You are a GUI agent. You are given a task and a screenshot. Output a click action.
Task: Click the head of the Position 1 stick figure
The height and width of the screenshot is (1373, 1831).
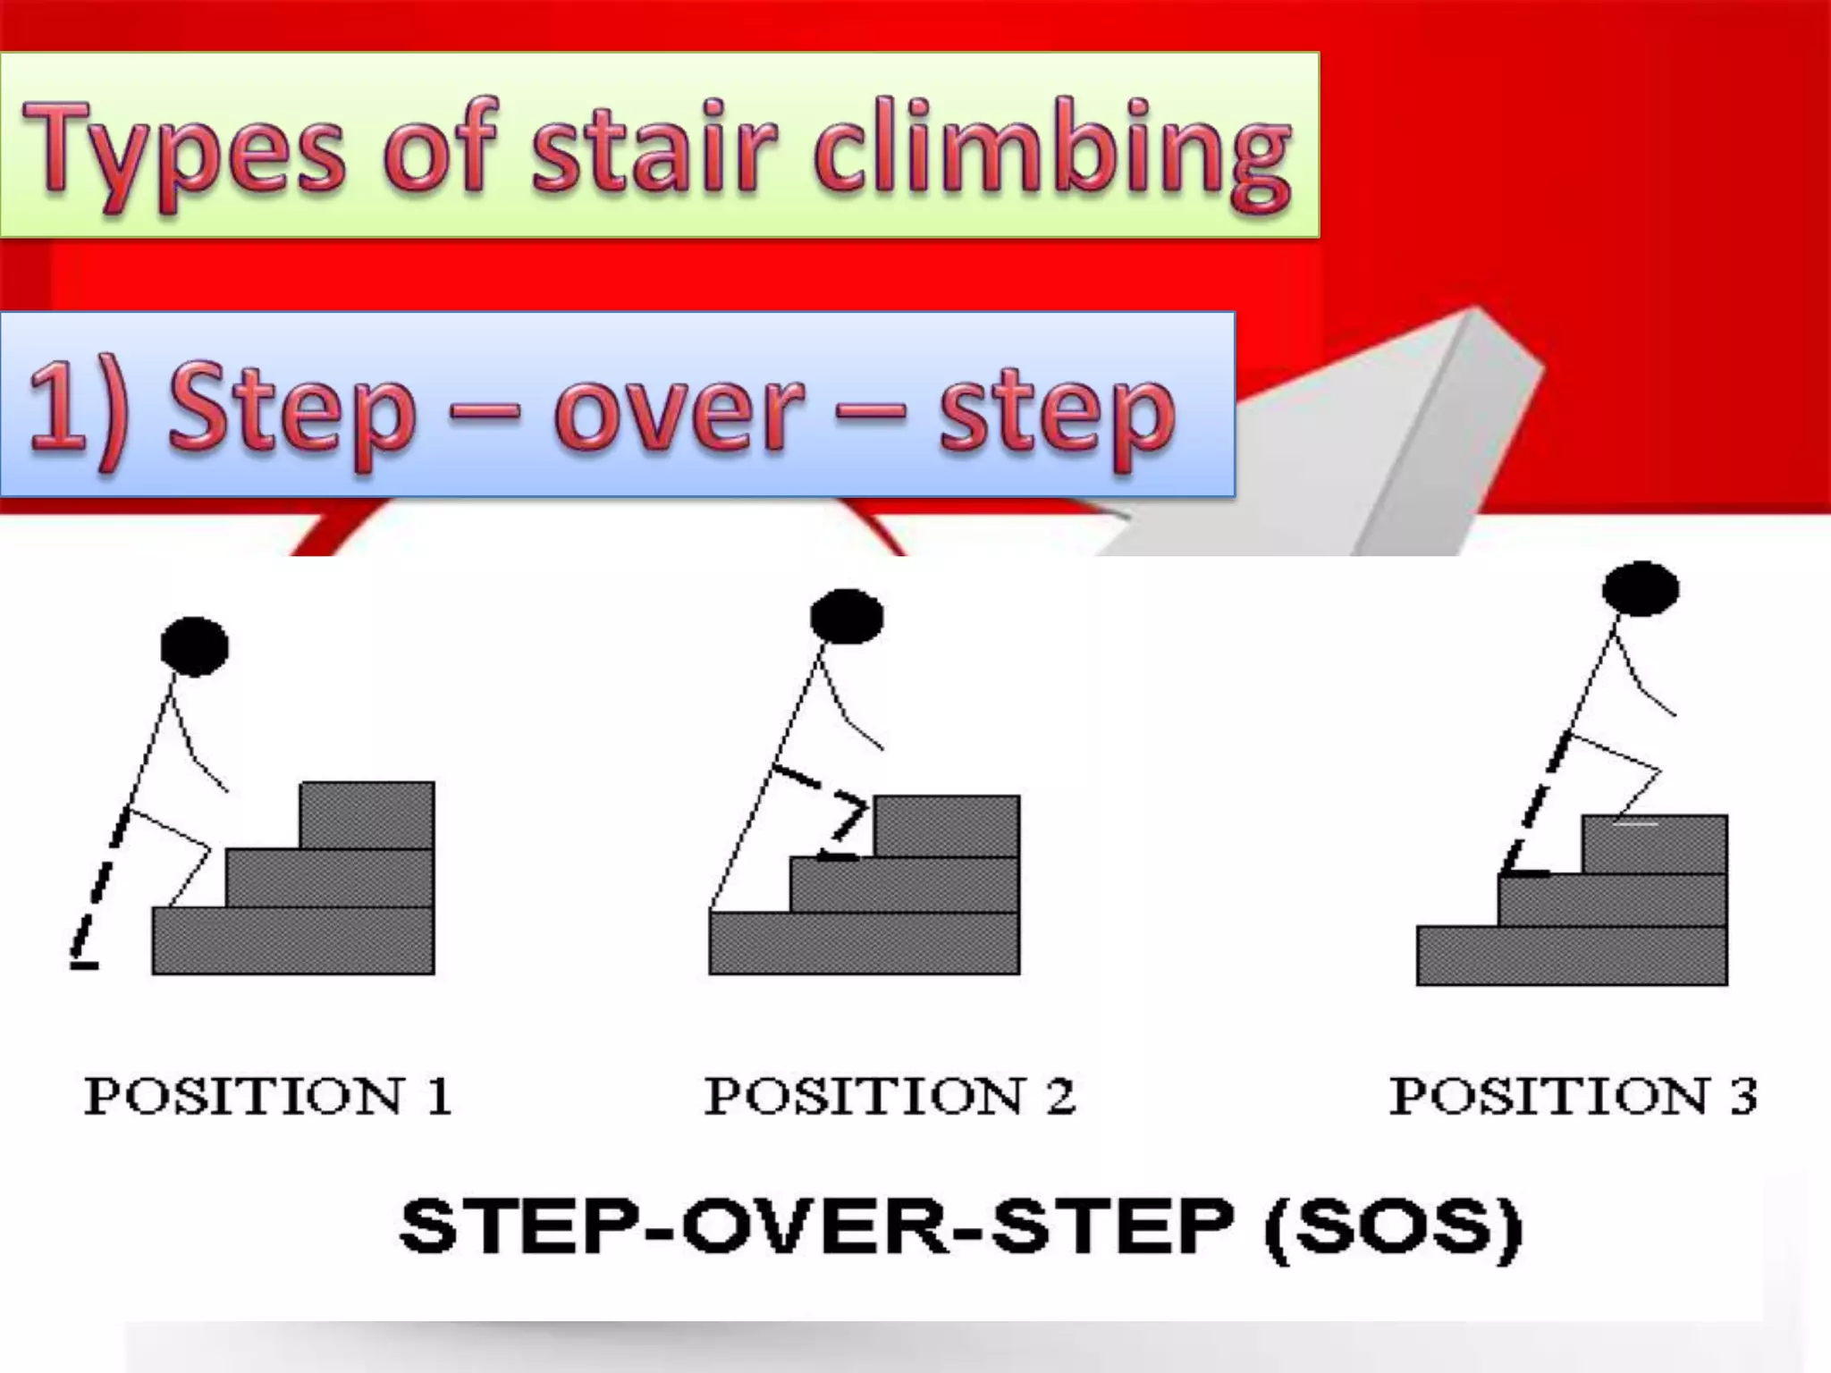click(x=194, y=645)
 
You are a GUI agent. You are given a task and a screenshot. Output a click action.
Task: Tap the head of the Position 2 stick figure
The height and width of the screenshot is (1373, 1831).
click(x=846, y=616)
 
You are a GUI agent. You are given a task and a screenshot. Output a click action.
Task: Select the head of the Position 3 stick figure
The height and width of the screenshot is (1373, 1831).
click(x=1640, y=589)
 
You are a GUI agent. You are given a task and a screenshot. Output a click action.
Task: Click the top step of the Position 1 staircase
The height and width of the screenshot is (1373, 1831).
click(x=367, y=814)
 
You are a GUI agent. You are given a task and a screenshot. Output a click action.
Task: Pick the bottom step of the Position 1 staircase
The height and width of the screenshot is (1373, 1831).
click(x=293, y=940)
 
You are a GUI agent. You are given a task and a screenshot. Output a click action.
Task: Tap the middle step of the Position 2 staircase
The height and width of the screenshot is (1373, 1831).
click(x=904, y=884)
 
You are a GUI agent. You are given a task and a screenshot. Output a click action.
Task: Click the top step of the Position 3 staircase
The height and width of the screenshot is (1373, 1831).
click(x=1654, y=845)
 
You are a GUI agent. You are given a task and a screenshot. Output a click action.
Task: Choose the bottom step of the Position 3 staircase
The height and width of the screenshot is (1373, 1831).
click(x=1572, y=956)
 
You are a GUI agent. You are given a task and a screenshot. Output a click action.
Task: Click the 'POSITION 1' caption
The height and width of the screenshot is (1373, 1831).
click(x=267, y=1096)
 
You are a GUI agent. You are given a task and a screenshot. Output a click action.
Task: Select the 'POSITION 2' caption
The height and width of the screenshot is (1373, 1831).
click(x=890, y=1096)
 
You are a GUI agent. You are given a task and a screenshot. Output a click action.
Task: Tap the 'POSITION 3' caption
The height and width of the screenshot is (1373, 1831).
click(x=1573, y=1096)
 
